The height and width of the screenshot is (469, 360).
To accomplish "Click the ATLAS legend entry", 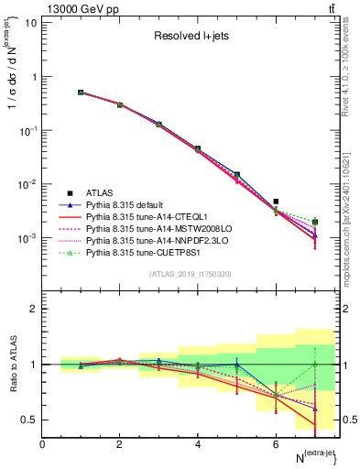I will (100, 193).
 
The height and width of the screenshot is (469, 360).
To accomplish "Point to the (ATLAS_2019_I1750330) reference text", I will (191, 274).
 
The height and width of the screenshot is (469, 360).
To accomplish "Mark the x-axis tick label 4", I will (198, 444).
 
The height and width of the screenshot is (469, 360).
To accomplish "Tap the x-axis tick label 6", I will (276, 444).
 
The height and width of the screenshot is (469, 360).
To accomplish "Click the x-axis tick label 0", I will (42, 444).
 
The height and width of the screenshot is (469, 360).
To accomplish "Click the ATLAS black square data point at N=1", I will (81, 93).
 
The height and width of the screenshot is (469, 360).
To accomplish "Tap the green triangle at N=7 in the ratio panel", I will (315, 365).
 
